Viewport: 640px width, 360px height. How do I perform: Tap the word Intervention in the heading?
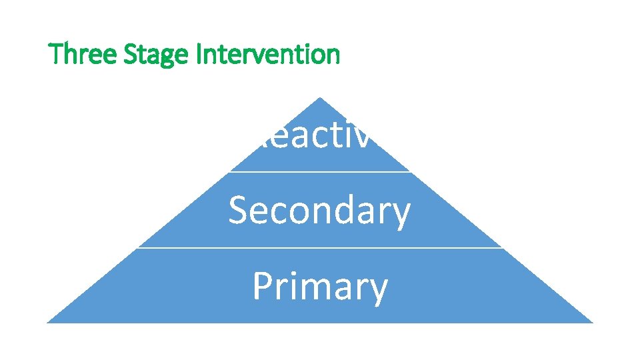point(268,54)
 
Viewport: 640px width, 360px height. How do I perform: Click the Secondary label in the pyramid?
point(319,211)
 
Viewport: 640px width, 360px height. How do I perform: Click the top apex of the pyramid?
point(320,99)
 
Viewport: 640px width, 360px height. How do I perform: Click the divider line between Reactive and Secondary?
point(319,172)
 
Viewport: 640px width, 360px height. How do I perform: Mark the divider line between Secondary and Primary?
point(319,247)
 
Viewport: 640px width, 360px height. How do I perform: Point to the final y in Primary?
point(377,291)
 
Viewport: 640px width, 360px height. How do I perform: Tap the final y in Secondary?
point(401,215)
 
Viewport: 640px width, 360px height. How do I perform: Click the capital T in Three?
point(56,54)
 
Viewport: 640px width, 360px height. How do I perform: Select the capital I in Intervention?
point(199,54)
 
